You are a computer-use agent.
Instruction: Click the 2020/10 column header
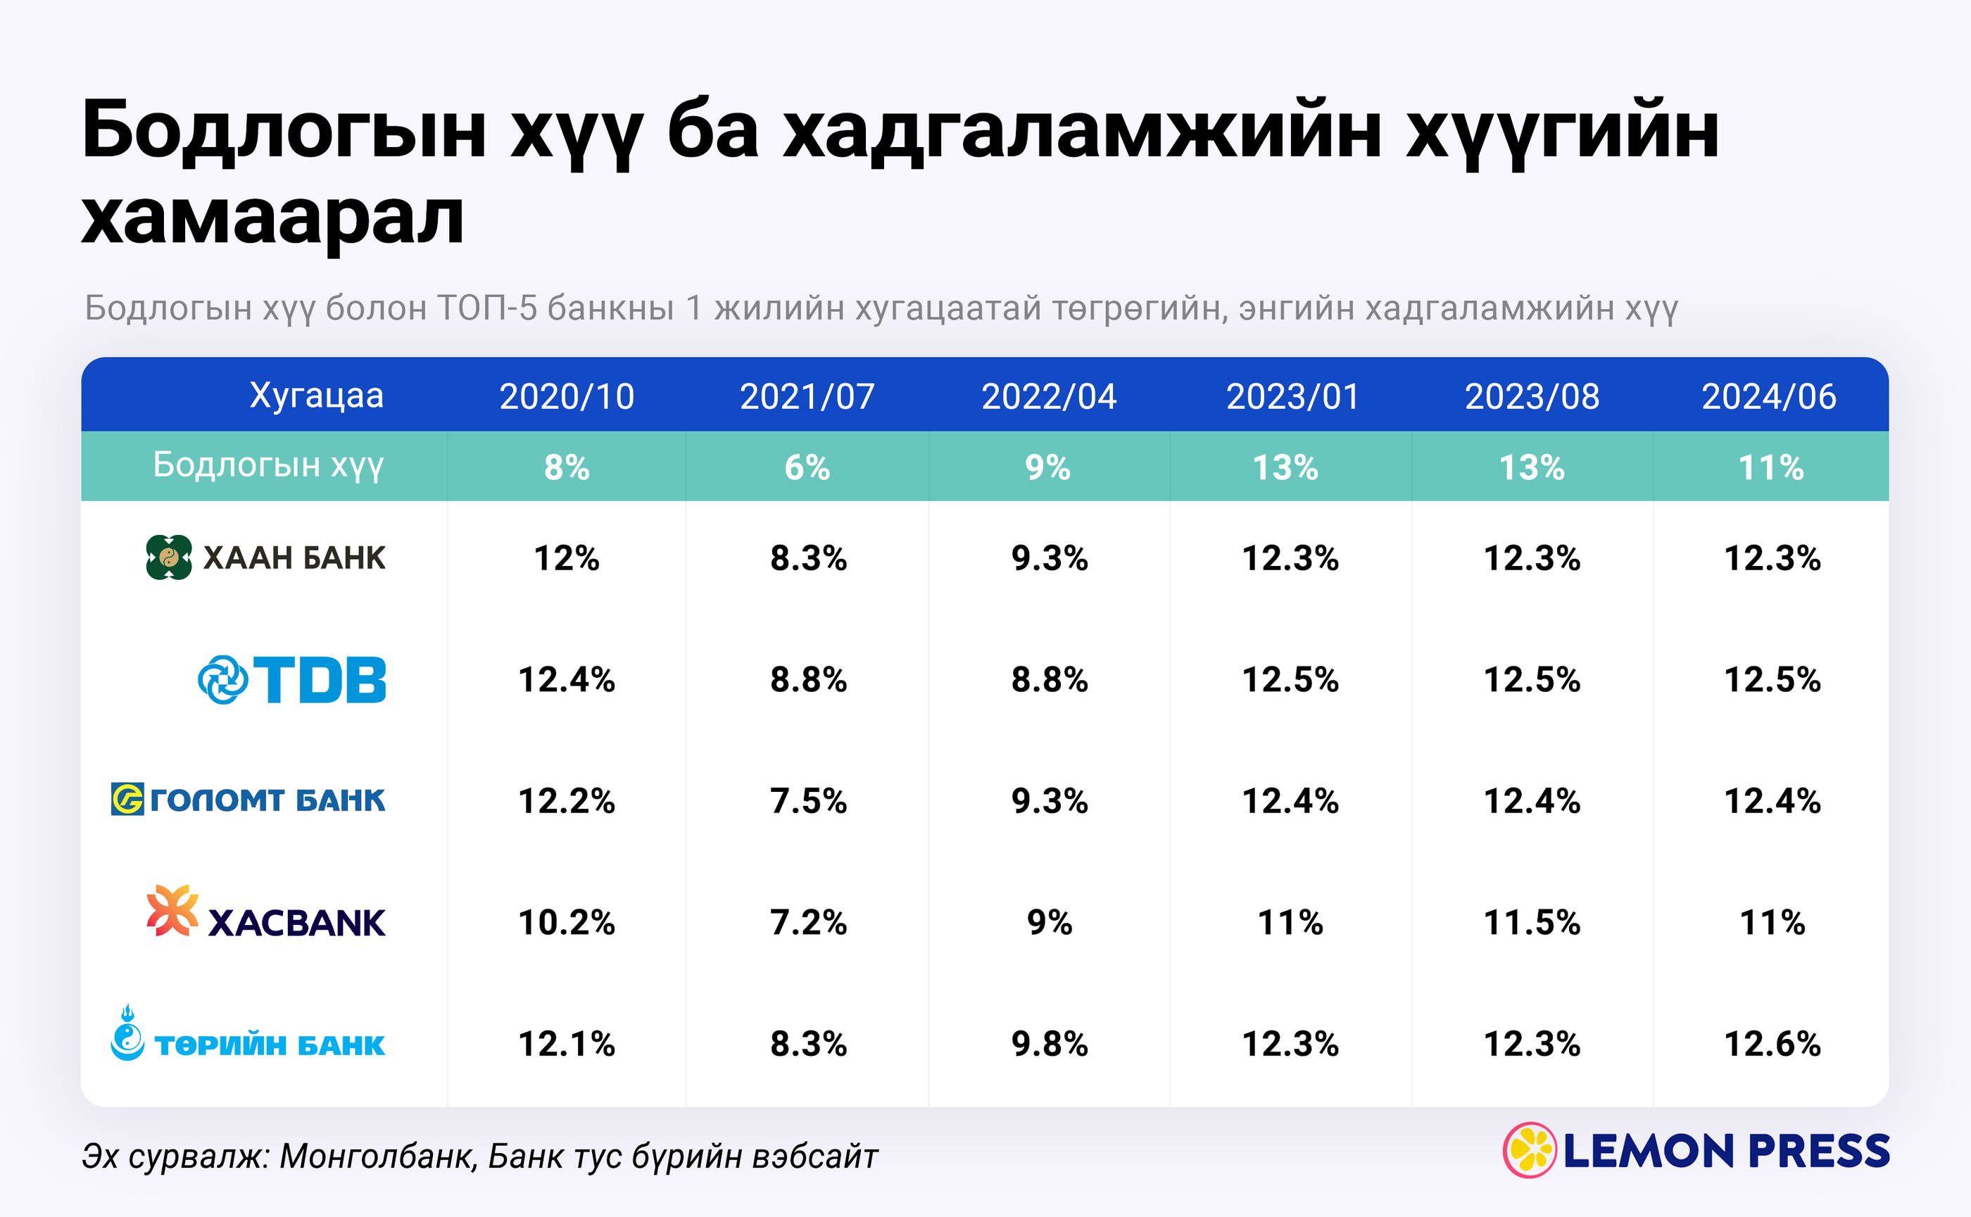[x=567, y=396]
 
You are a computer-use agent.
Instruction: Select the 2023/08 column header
[x=1532, y=396]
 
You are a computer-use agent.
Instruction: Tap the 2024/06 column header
[x=1769, y=396]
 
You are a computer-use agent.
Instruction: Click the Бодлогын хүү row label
[x=268, y=465]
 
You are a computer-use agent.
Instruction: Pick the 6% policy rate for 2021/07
[x=807, y=467]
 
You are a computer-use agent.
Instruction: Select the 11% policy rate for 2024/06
[x=1770, y=467]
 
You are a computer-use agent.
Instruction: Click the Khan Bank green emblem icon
[x=169, y=557]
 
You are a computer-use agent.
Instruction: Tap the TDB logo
[x=292, y=679]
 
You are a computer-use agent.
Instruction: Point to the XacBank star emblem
[x=172, y=910]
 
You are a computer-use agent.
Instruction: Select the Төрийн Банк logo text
[x=270, y=1045]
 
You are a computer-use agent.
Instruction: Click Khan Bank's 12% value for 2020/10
[x=567, y=557]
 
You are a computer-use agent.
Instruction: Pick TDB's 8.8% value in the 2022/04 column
[x=1050, y=679]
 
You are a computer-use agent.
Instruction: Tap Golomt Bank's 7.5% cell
[x=808, y=801]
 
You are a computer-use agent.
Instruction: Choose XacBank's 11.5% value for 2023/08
[x=1532, y=922]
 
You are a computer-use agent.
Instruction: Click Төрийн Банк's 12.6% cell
[x=1772, y=1044]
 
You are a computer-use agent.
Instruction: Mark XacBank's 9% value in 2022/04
[x=1050, y=922]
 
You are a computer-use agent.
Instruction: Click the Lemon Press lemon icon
[x=1530, y=1149]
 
